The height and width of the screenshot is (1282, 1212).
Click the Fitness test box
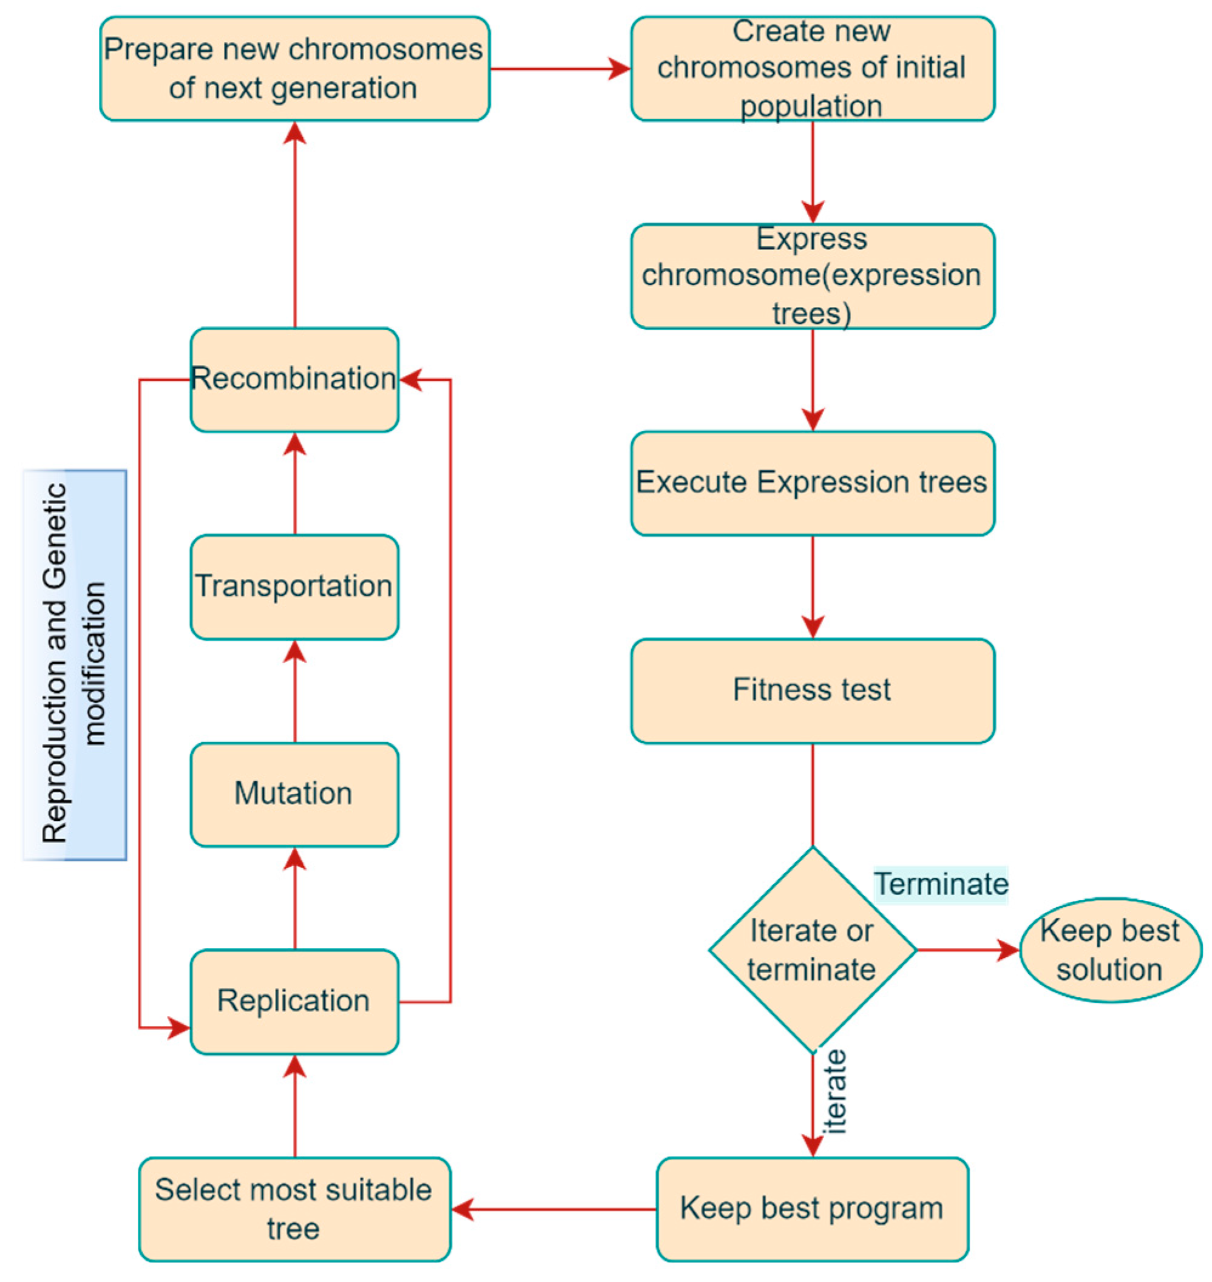click(812, 690)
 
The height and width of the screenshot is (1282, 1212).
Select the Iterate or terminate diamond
click(812, 950)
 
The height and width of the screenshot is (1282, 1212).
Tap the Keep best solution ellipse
click(1110, 950)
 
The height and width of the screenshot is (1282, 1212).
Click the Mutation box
click(294, 794)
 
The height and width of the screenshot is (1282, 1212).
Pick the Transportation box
click(294, 587)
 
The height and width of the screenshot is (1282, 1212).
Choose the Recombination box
click(294, 379)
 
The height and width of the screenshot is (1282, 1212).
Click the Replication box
click(294, 1001)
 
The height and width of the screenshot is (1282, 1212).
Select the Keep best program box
click(812, 1209)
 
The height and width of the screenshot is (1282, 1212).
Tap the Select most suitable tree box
click(294, 1209)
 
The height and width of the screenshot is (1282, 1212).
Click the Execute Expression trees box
click(812, 483)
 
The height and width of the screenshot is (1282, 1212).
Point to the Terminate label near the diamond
click(941, 884)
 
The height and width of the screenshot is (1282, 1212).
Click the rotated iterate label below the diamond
click(835, 1092)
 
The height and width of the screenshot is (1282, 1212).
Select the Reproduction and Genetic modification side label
click(74, 664)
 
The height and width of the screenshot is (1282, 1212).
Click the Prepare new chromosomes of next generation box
click(294, 69)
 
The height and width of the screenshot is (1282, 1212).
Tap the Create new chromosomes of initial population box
click(812, 69)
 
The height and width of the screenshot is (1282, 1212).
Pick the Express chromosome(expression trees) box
click(812, 276)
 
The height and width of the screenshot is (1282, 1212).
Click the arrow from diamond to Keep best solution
click(967, 950)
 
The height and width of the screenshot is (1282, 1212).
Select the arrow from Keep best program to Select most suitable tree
click(554, 1209)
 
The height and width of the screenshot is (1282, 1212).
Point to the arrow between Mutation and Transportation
click(294, 691)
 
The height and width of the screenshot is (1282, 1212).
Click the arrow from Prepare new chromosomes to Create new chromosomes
click(560, 69)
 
